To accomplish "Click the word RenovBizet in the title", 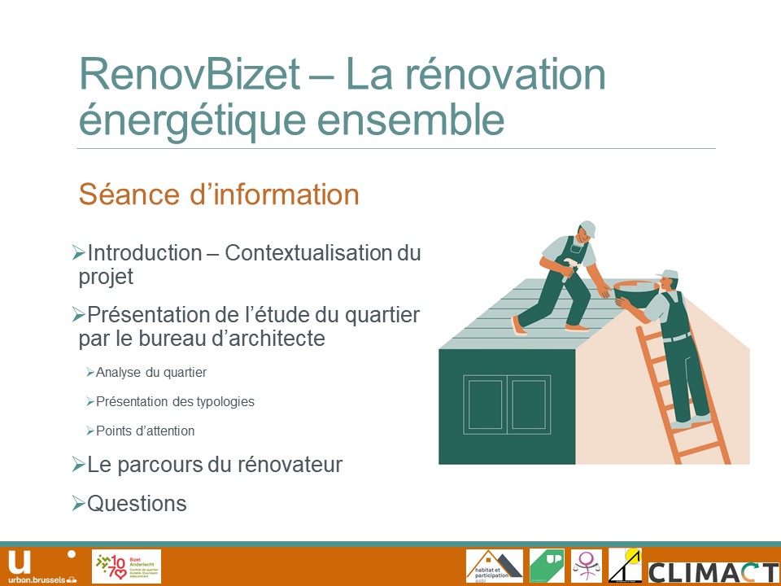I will pyautogui.click(x=190, y=75).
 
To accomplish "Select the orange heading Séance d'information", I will pyautogui.click(x=219, y=195).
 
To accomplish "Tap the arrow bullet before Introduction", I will pyautogui.click(x=79, y=252).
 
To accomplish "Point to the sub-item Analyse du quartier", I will pyautogui.click(x=151, y=373).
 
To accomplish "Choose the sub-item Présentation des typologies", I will pyautogui.click(x=175, y=402).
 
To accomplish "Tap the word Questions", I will pyautogui.click(x=137, y=504).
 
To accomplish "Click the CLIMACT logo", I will pyautogui.click(x=713, y=571).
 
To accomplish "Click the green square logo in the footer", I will pyautogui.click(x=547, y=566).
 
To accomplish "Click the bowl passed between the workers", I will pyautogui.click(x=635, y=291).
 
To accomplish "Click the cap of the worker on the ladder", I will pyautogui.click(x=670, y=275).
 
